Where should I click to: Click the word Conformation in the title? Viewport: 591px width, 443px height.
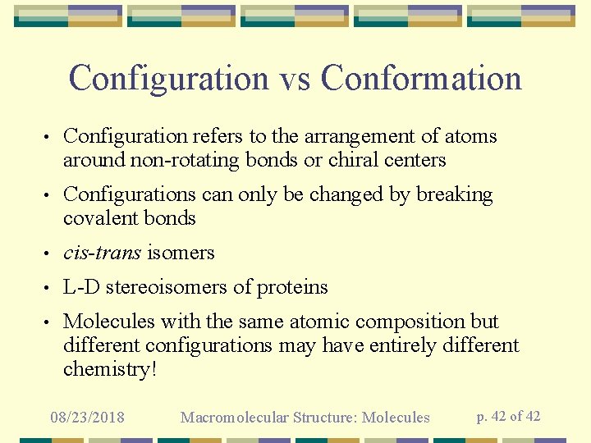point(421,79)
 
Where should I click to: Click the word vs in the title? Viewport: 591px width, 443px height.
point(295,79)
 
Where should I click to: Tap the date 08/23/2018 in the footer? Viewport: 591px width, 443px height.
point(87,418)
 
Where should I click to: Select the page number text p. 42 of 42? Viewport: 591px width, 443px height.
point(508,416)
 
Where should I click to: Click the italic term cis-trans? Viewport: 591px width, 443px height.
point(102,253)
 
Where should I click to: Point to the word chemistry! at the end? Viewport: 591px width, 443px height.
point(109,369)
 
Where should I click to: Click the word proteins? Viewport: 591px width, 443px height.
point(292,287)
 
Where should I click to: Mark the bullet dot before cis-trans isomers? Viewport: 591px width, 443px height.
point(49,253)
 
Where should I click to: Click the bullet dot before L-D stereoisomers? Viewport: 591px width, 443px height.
point(49,288)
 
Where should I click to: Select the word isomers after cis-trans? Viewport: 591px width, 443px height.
point(181,253)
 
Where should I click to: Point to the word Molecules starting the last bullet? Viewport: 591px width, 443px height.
point(109,322)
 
